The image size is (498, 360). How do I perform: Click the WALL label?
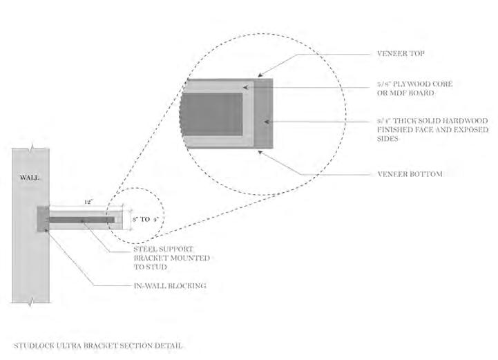point(29,178)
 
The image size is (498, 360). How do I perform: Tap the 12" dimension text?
point(88,202)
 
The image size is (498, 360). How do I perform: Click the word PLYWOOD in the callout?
point(411,84)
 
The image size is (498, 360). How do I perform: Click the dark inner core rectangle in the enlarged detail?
point(211,114)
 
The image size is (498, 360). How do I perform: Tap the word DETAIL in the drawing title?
point(169,344)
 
